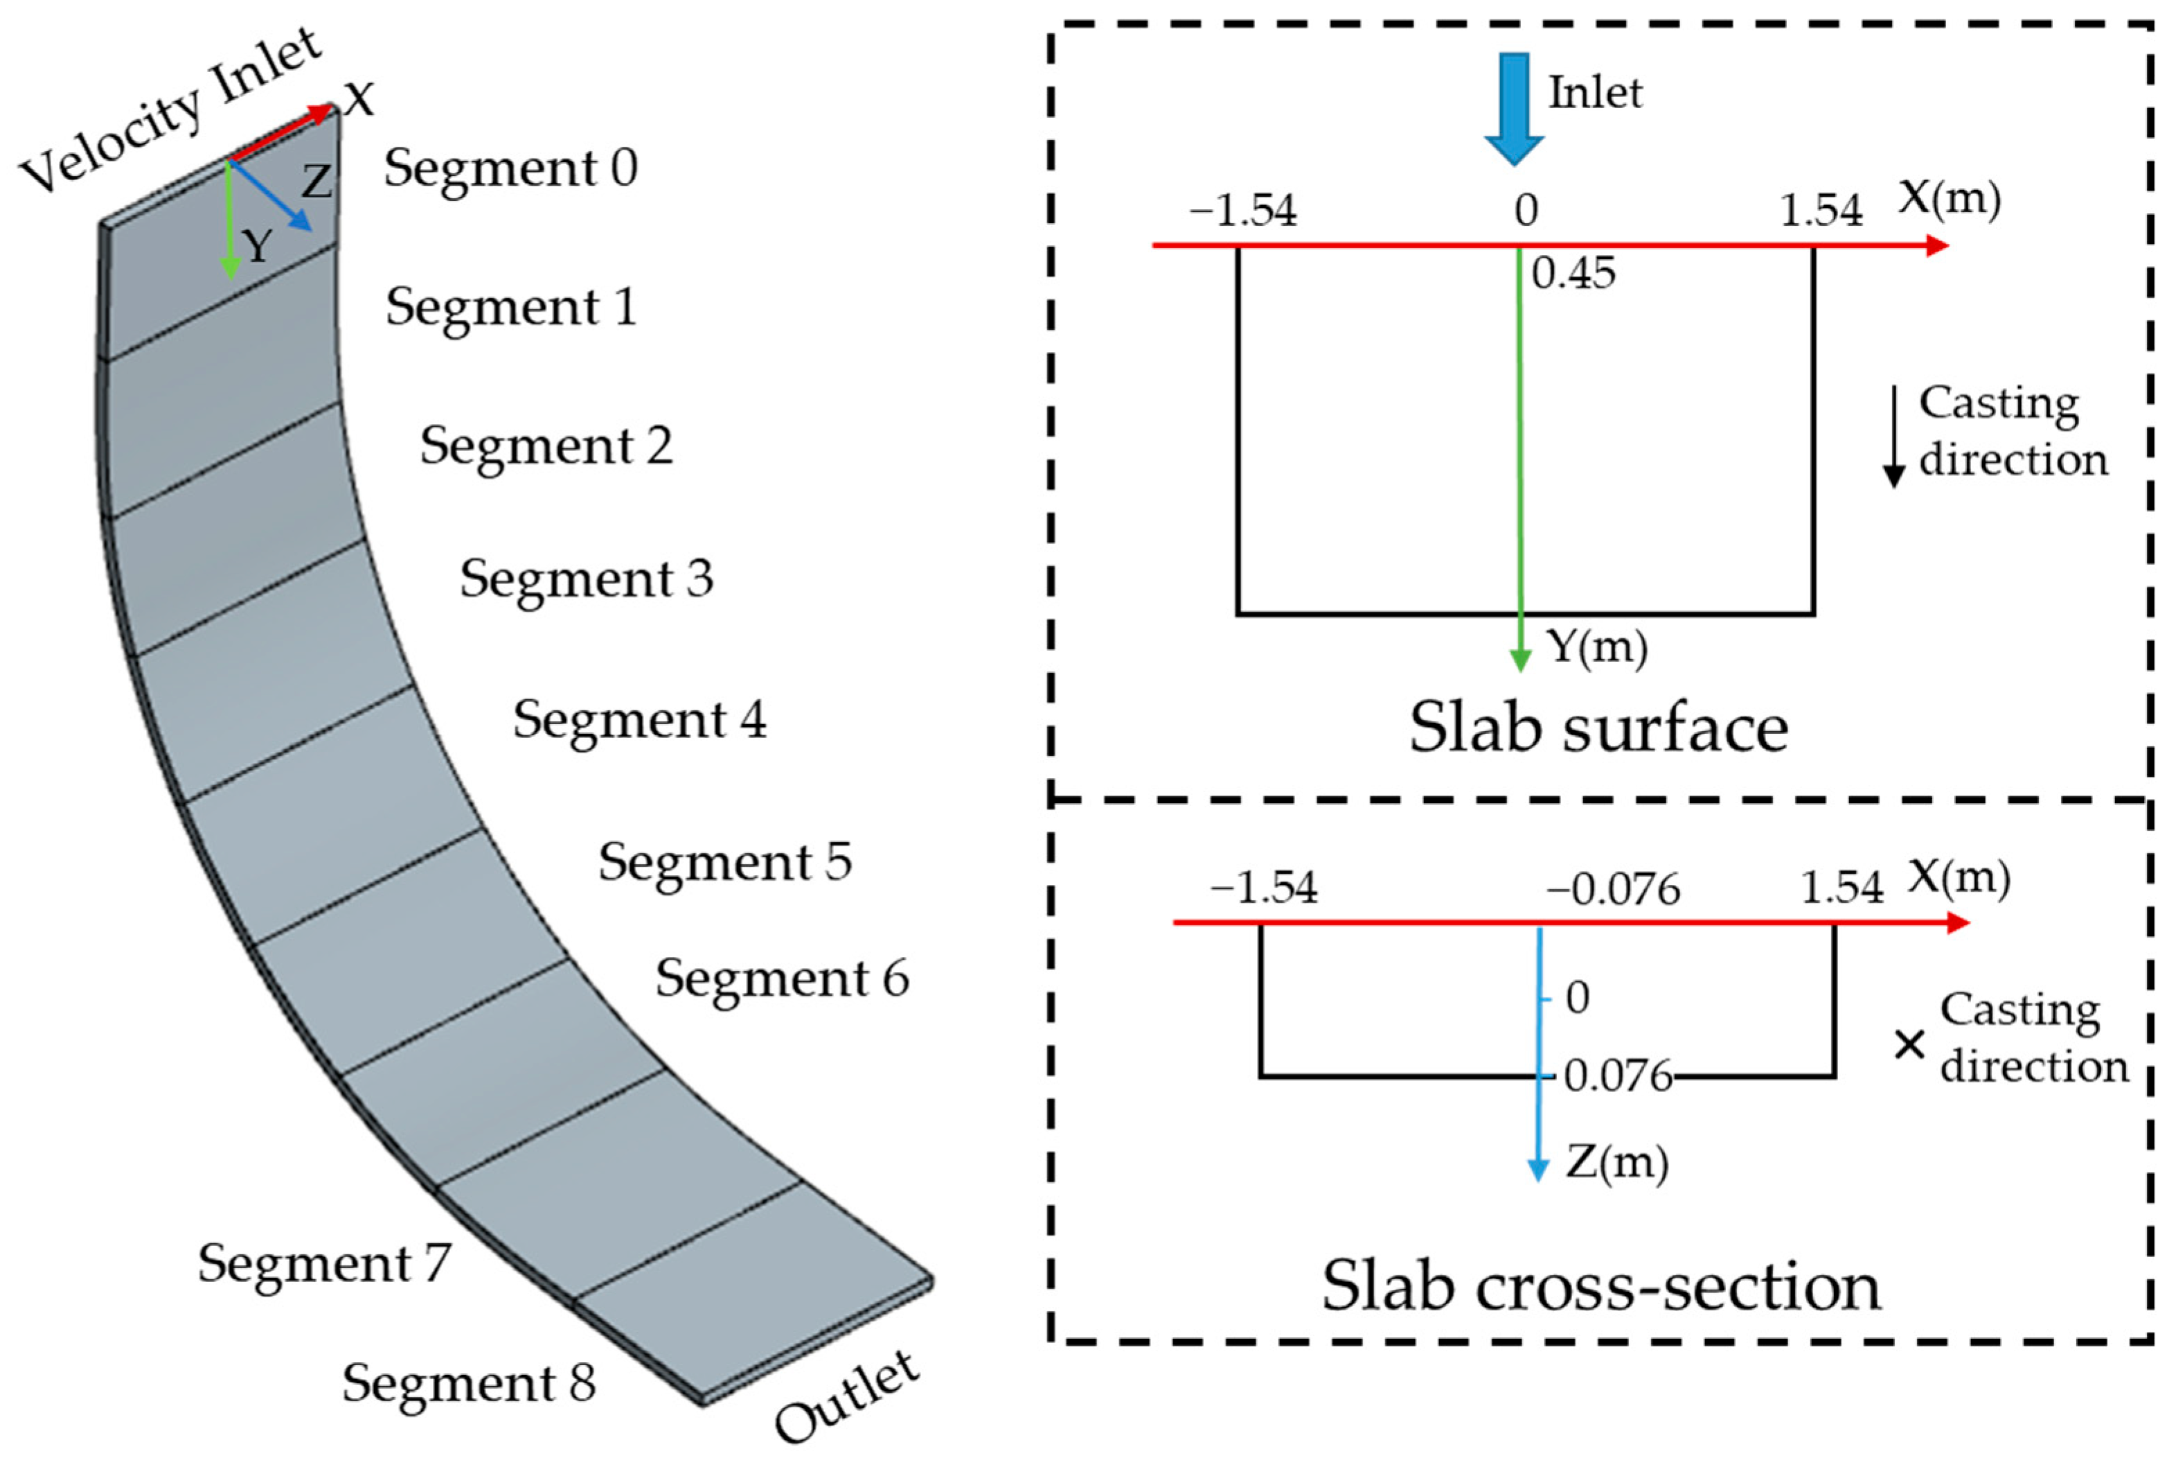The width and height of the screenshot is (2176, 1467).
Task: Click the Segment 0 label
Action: click(x=510, y=168)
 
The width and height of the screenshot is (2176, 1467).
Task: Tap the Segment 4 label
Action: click(x=640, y=721)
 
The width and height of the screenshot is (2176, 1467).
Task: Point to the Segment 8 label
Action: click(x=468, y=1382)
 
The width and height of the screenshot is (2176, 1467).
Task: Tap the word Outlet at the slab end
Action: click(x=847, y=1398)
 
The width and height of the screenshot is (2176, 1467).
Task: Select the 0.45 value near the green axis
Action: click(x=1573, y=273)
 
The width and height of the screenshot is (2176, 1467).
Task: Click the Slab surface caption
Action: click(x=1598, y=728)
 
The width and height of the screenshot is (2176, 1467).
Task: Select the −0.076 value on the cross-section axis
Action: click(x=1613, y=889)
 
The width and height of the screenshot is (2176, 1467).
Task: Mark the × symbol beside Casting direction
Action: click(x=1909, y=1045)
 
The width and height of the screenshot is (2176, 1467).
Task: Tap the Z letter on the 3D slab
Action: click(x=316, y=181)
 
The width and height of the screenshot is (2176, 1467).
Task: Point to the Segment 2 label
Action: click(x=546, y=446)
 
